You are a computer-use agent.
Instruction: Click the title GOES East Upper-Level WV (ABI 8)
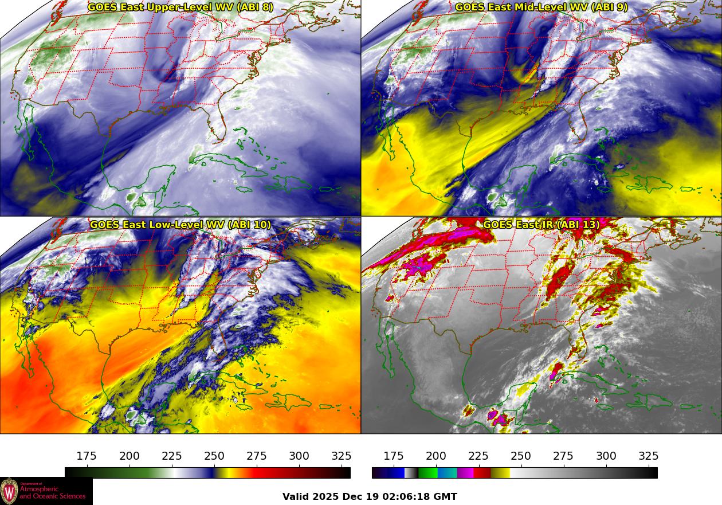[180, 7]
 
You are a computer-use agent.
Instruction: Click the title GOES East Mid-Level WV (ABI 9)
[541, 7]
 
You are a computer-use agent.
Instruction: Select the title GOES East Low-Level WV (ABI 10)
[180, 225]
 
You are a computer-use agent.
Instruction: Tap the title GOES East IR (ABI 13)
[541, 225]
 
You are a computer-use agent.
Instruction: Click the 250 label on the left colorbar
[214, 456]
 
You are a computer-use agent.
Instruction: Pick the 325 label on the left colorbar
[342, 456]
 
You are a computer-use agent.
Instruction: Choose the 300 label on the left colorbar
[299, 456]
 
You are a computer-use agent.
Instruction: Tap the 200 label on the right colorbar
[436, 456]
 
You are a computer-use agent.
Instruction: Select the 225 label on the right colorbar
[478, 456]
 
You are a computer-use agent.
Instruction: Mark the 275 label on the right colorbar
[563, 456]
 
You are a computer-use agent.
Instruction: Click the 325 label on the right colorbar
[648, 456]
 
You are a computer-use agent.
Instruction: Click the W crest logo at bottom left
[9, 491]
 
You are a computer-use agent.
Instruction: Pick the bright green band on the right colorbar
[427, 473]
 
